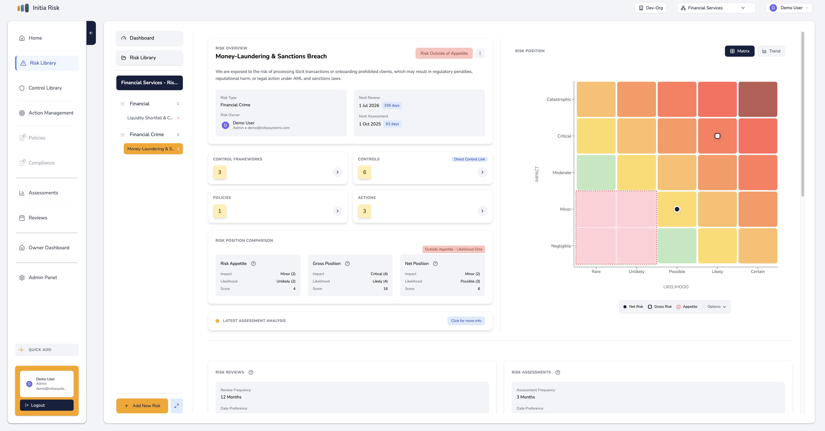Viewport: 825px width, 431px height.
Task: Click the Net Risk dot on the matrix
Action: click(x=677, y=209)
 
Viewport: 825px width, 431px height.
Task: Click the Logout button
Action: click(x=47, y=405)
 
